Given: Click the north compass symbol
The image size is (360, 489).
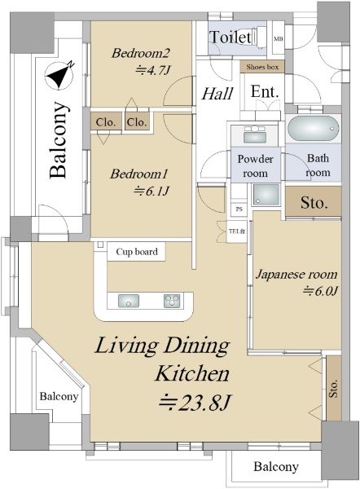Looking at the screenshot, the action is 59,75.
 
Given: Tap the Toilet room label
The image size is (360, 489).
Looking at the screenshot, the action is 230,37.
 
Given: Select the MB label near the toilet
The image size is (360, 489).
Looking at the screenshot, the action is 279,39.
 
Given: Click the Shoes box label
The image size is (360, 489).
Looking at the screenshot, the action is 262,67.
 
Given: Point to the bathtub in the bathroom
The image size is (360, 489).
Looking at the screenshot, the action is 313,129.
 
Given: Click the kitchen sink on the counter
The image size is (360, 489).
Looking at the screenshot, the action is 129,301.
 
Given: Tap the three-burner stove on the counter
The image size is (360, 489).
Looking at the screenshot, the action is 172,301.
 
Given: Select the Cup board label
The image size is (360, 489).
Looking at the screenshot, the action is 137,252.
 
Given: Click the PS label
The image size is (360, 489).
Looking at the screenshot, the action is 239,209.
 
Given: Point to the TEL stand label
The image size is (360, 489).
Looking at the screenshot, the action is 237,231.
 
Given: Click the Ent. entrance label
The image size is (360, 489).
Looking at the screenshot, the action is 265,92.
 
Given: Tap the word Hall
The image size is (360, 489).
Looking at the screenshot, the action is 217,94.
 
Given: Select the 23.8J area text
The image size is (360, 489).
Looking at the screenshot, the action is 195,403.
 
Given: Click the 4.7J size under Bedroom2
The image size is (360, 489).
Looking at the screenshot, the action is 153,70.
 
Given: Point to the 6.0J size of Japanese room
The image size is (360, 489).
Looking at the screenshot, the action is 321,291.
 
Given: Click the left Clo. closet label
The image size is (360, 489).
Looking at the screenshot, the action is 106,122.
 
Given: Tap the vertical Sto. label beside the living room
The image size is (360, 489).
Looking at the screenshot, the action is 334,388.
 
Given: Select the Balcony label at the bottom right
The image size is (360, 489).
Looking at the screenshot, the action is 276,466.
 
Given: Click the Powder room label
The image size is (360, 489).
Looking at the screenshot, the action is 255,165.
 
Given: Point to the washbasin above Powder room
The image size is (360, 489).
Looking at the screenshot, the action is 255,135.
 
